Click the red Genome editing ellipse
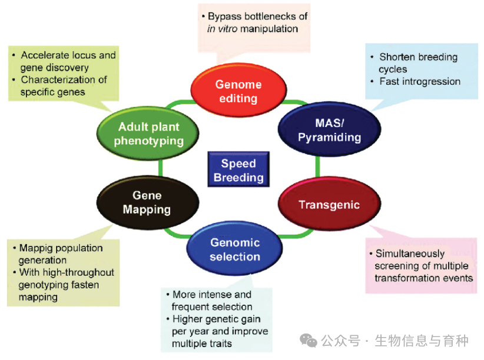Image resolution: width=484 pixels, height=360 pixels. [x=238, y=91]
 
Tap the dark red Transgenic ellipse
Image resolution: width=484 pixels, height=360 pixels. [x=329, y=205]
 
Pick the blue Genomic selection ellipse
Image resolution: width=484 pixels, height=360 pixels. [x=235, y=249]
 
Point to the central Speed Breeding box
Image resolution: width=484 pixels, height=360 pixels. [x=238, y=170]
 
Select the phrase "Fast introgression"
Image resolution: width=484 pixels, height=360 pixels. [x=420, y=81]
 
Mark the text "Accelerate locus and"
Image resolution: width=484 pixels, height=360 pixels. [x=68, y=55]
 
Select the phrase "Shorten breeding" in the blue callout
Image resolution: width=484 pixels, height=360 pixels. [x=418, y=57]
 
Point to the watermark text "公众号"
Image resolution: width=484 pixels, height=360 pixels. [x=341, y=341]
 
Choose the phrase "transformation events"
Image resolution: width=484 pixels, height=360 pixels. [x=424, y=278]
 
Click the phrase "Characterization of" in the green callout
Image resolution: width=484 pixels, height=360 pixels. [x=64, y=79]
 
